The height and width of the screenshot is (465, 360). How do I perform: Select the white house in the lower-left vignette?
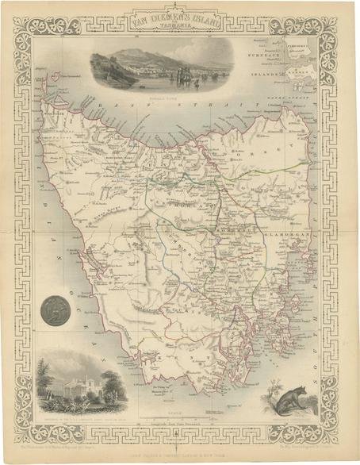point(75,389)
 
